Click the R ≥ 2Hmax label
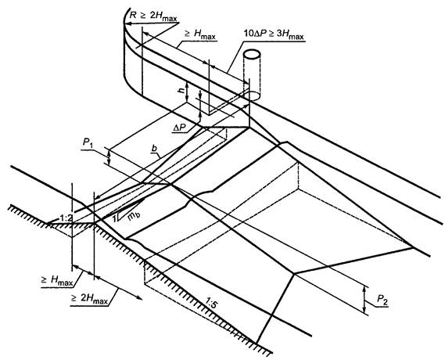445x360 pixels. point(153,16)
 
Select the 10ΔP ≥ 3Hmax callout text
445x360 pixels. point(274,34)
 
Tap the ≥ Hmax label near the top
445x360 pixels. point(200,34)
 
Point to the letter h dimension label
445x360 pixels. point(181,91)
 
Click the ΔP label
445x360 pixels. point(180,128)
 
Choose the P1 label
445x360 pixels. point(88,143)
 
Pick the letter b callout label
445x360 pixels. point(155,148)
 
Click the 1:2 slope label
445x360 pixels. point(66,218)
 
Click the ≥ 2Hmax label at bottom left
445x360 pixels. point(90,299)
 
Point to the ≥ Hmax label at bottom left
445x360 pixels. point(57,281)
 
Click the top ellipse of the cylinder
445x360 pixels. point(252,54)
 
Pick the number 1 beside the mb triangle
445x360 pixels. point(115,218)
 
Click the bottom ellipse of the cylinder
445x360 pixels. point(252,95)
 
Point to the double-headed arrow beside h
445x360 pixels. point(187,92)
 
